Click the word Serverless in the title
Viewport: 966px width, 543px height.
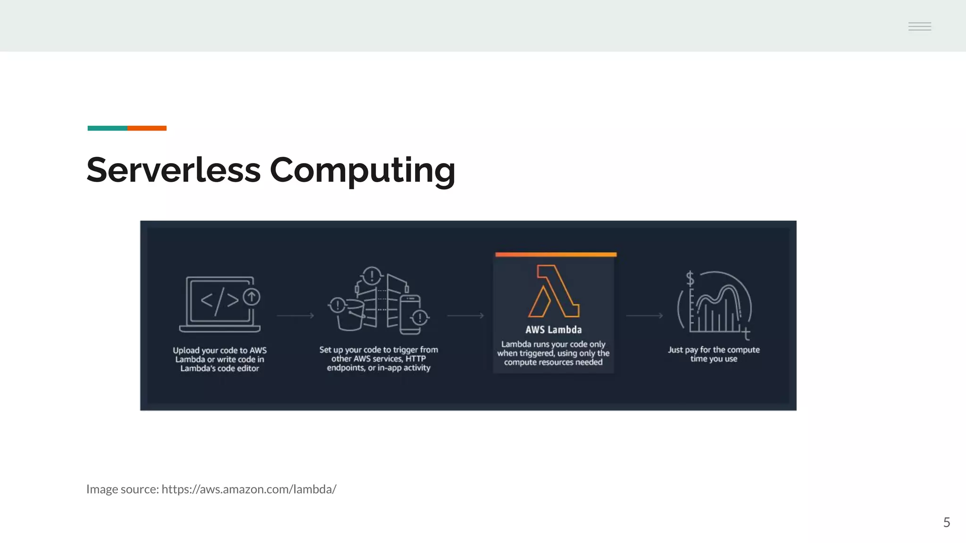tap(174, 170)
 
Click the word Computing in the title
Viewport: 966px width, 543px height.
tap(362, 171)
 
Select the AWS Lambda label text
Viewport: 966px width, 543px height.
tap(554, 329)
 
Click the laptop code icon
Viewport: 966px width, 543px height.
tap(220, 304)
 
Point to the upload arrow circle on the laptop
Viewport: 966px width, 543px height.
tap(251, 297)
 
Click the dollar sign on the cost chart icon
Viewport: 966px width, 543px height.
tap(690, 279)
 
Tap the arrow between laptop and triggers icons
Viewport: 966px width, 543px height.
tap(295, 315)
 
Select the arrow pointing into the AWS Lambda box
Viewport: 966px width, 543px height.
tap(466, 315)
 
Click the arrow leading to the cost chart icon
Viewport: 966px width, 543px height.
tap(644, 315)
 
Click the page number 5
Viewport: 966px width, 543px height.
tap(946, 522)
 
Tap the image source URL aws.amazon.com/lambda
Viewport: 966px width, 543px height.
tap(249, 489)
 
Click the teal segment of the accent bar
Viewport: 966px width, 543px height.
tap(107, 128)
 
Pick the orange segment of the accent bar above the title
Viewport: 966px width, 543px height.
tap(147, 128)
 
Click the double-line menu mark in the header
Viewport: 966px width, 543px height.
tap(919, 26)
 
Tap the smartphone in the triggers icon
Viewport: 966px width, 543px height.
tap(409, 313)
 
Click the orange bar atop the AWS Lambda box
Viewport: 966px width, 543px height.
tap(556, 255)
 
